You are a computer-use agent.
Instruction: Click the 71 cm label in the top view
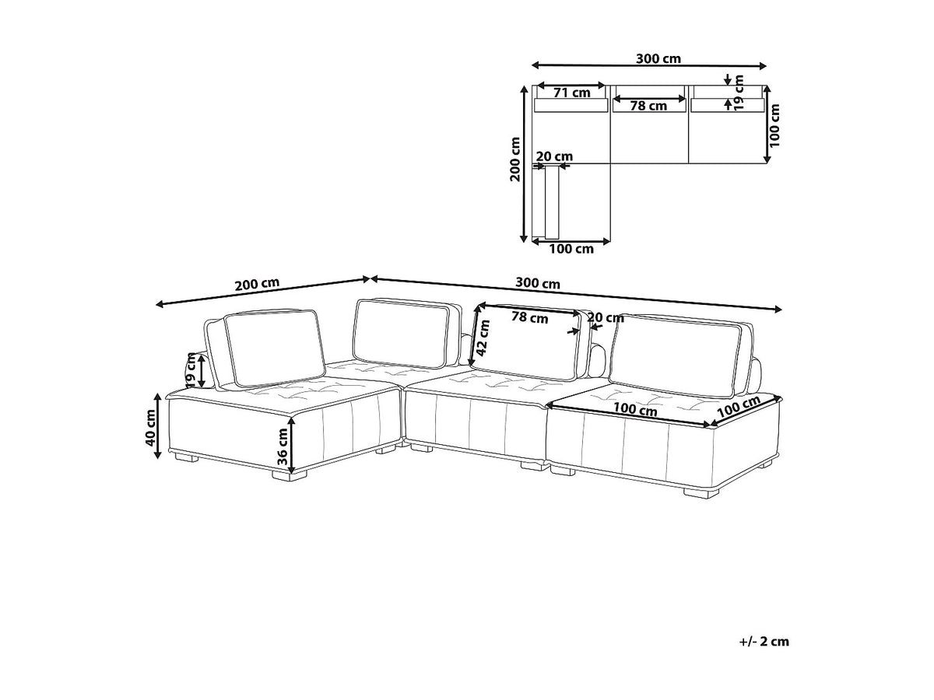(572, 93)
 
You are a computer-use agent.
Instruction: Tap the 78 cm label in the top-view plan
(648, 106)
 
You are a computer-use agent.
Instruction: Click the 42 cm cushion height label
(483, 338)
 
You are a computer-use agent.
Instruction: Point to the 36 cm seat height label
(282, 446)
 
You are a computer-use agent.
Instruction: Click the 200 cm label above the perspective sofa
(257, 284)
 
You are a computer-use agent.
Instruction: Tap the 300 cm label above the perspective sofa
(538, 282)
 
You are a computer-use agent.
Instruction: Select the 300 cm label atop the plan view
(658, 58)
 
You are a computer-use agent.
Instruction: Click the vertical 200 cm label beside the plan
(515, 159)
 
